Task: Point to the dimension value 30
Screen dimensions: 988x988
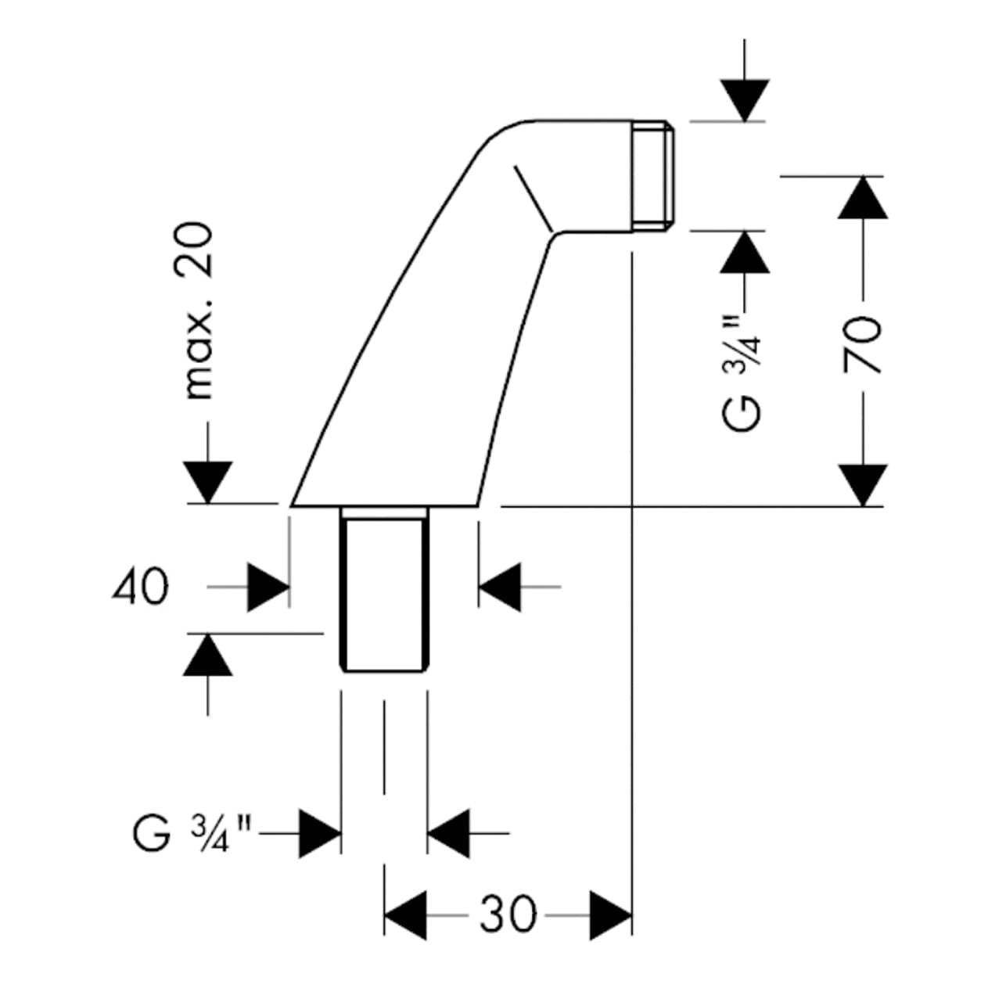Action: pyautogui.click(x=508, y=914)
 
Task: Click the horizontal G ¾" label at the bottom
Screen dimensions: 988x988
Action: pyautogui.click(x=192, y=834)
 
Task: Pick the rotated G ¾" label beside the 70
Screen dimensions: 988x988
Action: pyautogui.click(x=743, y=372)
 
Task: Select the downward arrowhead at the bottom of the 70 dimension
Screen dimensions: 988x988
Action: pyautogui.click(x=863, y=485)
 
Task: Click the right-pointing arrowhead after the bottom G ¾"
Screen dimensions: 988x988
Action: pyautogui.click(x=321, y=834)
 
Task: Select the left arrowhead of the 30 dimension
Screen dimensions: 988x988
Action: pyautogui.click(x=405, y=914)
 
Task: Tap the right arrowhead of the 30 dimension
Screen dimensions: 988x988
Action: pyautogui.click(x=610, y=914)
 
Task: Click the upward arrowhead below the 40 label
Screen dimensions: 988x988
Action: pyautogui.click(x=208, y=654)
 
